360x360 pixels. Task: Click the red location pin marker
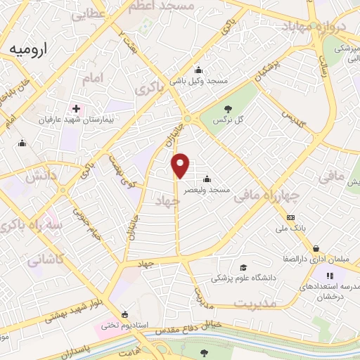pyautogui.click(x=181, y=165)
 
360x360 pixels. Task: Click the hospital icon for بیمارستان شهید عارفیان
pyautogui.click(x=76, y=109)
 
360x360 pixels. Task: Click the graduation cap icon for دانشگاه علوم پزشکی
pyautogui.click(x=243, y=267)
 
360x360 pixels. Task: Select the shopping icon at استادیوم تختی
pyautogui.click(x=125, y=314)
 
